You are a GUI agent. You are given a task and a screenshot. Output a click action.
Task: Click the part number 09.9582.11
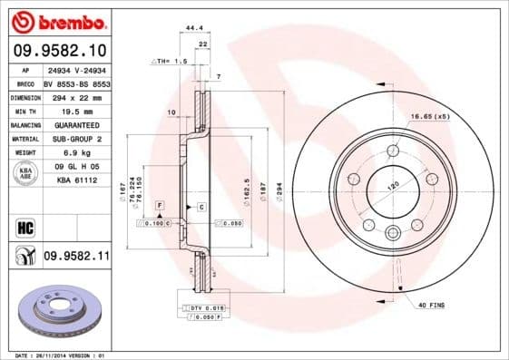tap(76, 258)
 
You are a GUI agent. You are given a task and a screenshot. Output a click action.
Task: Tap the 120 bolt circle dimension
tap(394, 185)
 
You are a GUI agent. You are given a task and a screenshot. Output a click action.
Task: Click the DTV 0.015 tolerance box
tap(202, 309)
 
